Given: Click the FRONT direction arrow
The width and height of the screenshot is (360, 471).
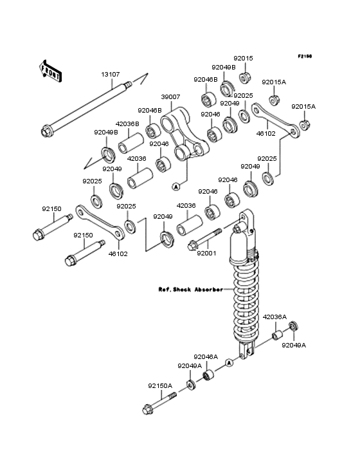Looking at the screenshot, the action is (x=50, y=71).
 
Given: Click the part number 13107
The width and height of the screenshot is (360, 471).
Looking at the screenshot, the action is (x=111, y=74).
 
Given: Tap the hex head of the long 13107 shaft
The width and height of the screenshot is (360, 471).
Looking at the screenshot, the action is (x=46, y=131).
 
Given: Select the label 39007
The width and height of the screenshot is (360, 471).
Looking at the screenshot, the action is (x=170, y=97).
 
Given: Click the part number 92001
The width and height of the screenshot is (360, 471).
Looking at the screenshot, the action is (x=206, y=254).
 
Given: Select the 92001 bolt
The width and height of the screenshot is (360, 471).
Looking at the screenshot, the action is (x=204, y=239).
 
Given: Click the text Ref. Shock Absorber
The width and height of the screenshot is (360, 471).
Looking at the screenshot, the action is (x=190, y=290).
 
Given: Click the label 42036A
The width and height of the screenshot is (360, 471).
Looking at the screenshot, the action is (x=274, y=317).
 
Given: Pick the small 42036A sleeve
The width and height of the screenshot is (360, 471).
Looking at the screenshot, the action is (x=278, y=335).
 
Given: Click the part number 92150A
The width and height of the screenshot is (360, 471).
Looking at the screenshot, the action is (x=160, y=385).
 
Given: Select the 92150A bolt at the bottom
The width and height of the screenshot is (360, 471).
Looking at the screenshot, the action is (x=159, y=403).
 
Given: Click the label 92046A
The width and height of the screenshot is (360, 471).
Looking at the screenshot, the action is (x=206, y=357).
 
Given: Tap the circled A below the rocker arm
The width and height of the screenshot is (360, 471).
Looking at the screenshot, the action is (x=176, y=187).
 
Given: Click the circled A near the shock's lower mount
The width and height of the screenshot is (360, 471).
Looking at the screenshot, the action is (x=230, y=363).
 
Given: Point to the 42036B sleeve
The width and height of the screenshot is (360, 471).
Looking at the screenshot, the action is (x=130, y=143).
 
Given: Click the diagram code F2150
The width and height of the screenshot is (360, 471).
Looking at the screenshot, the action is (x=305, y=56).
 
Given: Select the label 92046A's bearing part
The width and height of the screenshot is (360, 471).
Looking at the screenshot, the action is (x=209, y=375).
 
